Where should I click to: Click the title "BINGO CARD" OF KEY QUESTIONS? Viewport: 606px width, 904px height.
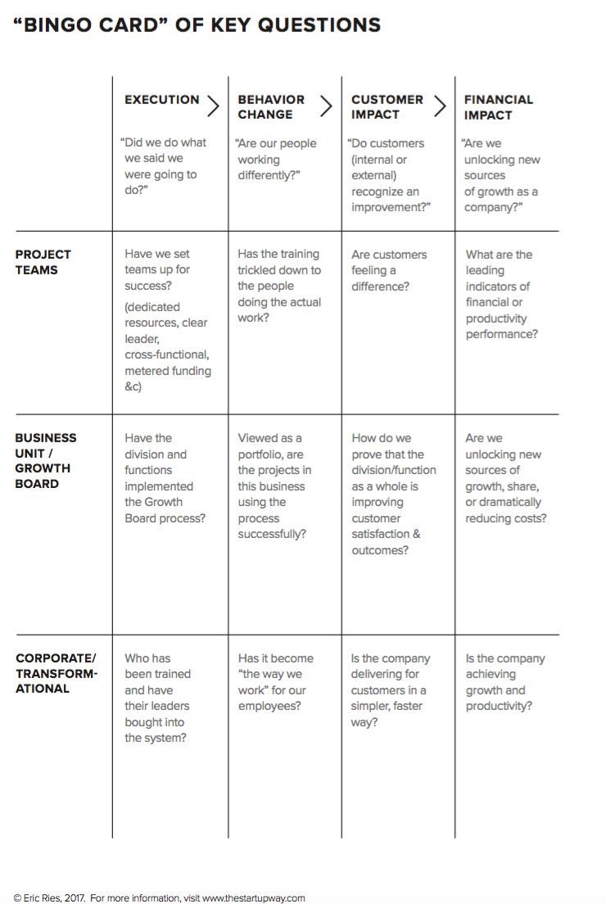coord(197,25)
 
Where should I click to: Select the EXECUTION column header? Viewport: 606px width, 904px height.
coord(161,100)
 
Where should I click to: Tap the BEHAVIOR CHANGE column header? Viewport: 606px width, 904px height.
coord(271,107)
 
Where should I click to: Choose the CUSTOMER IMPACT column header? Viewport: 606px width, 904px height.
coord(387,107)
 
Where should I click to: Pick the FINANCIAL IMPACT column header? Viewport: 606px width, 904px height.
coord(498,107)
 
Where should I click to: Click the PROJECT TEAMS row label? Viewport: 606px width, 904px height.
coord(43,262)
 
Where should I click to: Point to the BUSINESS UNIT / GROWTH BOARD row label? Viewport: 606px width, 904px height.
coord(46,460)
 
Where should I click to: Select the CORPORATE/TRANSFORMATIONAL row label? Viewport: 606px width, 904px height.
coord(57,673)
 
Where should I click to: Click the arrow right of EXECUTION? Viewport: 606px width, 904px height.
coord(213,106)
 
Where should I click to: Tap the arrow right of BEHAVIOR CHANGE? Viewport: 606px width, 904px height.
coord(326,106)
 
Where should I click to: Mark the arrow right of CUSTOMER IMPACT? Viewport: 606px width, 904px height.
coord(440,106)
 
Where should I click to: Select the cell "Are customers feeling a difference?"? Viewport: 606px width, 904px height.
coord(389,270)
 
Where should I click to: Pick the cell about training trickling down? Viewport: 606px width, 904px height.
coord(279,286)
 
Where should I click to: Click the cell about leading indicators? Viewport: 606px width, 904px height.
coord(501,294)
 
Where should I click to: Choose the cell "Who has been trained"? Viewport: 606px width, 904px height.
coord(157,698)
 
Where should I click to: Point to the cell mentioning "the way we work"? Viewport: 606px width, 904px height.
coord(275,681)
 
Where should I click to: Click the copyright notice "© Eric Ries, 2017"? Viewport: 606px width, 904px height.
coord(50,897)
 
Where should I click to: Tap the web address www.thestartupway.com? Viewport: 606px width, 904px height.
coord(254,897)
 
